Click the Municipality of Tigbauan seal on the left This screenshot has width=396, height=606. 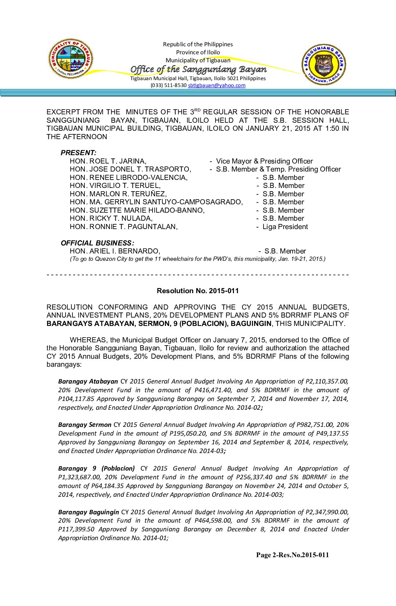point(71,59)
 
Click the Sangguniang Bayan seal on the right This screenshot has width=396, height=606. point(324,65)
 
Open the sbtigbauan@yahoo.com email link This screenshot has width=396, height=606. point(217,85)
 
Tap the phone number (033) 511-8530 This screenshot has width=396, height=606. point(169,85)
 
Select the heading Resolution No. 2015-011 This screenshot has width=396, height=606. point(198,291)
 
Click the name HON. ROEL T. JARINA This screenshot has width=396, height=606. point(108,161)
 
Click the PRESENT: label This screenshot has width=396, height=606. point(78,153)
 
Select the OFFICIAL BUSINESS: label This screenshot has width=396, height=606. point(97,243)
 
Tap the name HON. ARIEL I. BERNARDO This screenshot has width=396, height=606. point(115,251)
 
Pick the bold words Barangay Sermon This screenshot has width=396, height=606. point(85,425)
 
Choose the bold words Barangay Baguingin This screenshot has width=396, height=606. point(88,512)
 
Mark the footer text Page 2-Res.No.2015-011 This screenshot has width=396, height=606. point(292,555)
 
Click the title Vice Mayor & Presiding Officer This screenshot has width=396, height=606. point(264,161)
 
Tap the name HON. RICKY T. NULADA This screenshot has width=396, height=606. point(111,218)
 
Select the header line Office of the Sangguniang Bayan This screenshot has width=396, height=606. point(198,69)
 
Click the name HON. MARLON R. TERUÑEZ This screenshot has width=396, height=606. point(118,194)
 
